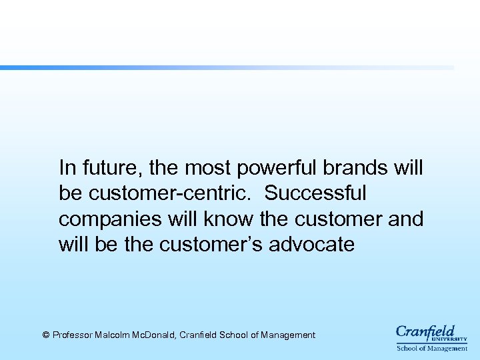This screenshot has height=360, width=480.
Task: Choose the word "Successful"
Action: pos(315,193)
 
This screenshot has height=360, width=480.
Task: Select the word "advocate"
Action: pos(311,245)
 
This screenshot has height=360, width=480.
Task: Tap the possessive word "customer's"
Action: pos(212,245)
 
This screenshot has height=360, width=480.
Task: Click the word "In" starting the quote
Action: pos(66,167)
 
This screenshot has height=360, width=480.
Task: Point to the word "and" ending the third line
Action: pos(405,219)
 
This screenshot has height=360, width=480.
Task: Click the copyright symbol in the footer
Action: pos(46,335)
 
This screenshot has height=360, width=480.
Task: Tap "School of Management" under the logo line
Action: pos(432,348)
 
